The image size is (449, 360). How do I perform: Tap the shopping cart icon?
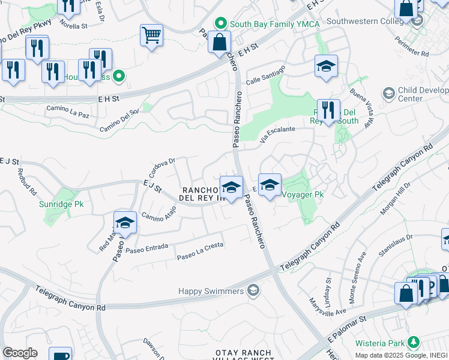click(152, 35)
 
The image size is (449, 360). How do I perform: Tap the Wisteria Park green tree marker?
click(413, 343)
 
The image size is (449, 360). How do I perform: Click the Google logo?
click(20, 353)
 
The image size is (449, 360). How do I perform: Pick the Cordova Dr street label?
click(161, 163)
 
